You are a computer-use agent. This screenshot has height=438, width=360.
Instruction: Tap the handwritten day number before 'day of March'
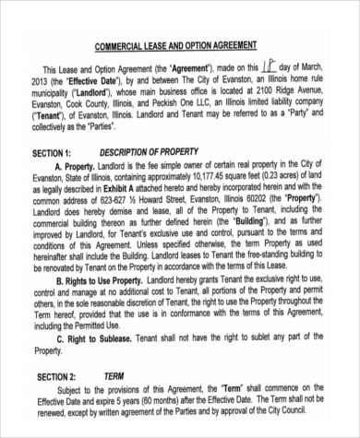click(268, 66)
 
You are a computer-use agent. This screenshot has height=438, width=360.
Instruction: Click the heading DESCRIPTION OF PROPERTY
click(149, 151)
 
